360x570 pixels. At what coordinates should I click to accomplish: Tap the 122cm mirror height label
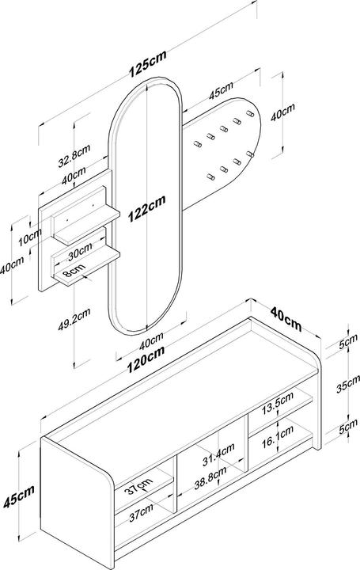pos(146,208)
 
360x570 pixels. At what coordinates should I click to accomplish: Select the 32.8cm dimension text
pos(74,156)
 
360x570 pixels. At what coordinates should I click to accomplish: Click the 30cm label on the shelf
pos(80,252)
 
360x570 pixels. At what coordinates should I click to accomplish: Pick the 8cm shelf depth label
pos(74,271)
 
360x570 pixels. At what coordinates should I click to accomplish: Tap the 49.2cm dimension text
pos(74,320)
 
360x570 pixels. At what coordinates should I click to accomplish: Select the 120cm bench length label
pos(146,359)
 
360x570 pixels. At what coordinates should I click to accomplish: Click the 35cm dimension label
pos(348,384)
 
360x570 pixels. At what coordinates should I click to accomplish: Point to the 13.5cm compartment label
pos(278,403)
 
